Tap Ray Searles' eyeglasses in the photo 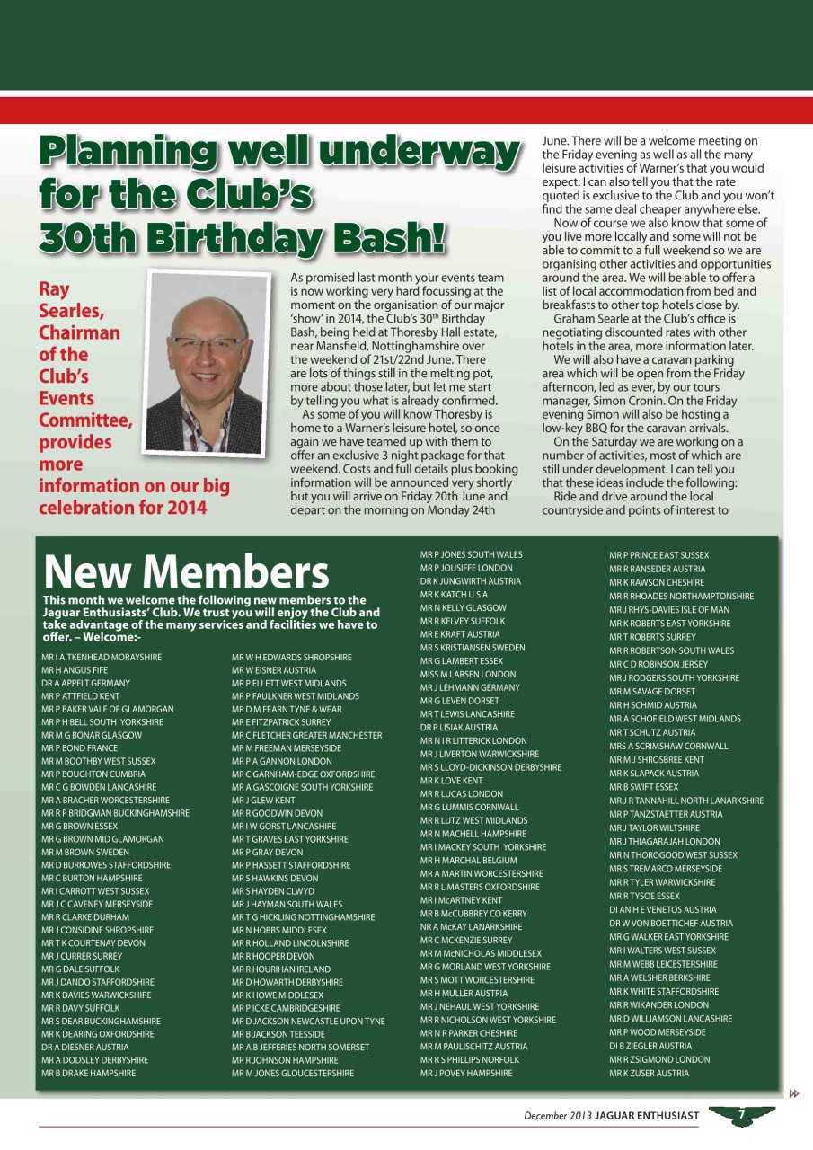point(206,343)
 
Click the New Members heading point(186,571)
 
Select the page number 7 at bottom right point(742,1115)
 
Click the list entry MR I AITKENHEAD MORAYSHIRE point(102,658)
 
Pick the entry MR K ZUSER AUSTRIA point(649,1073)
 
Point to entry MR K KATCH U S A point(454,595)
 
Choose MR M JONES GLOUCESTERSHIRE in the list point(292,1073)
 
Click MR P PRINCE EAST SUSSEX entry point(658,555)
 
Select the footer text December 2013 point(559,1116)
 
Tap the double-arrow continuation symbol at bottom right point(794,1093)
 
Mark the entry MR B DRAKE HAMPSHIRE point(89,1073)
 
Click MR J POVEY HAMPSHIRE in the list point(465,1073)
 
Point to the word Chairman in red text point(79,332)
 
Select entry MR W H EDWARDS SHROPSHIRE point(291,658)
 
